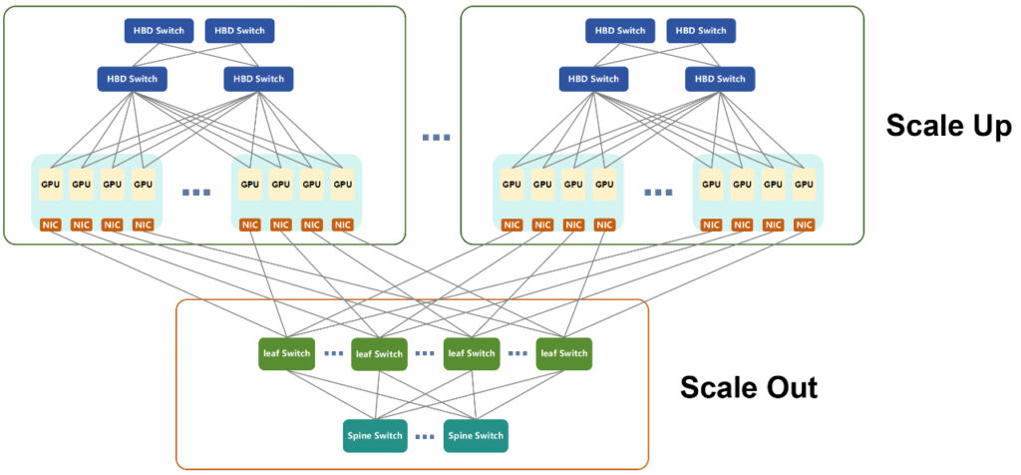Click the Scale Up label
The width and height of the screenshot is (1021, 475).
[949, 126]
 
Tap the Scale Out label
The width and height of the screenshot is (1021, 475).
[749, 388]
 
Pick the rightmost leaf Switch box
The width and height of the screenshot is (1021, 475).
[564, 354]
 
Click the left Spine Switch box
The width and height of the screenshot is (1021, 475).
[374, 436]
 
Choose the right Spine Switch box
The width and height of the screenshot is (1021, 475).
[476, 436]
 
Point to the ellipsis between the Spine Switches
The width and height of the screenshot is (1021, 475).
[425, 437]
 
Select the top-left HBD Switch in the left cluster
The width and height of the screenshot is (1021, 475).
[159, 31]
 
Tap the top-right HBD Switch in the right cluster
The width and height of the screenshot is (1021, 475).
[701, 31]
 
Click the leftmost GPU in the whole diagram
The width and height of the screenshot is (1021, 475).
[50, 185]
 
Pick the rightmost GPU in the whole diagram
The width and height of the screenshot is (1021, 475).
[804, 185]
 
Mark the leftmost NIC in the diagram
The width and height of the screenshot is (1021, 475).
[50, 225]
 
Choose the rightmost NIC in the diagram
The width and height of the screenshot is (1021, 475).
[804, 225]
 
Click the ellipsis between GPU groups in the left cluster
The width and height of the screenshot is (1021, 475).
[196, 193]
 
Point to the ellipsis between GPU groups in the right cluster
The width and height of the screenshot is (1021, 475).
[658, 193]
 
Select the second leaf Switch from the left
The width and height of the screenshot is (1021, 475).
[380, 354]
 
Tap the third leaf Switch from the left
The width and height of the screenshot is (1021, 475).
[472, 354]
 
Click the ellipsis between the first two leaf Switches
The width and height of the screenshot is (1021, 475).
[333, 354]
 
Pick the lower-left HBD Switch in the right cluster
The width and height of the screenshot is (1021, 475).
[594, 79]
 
